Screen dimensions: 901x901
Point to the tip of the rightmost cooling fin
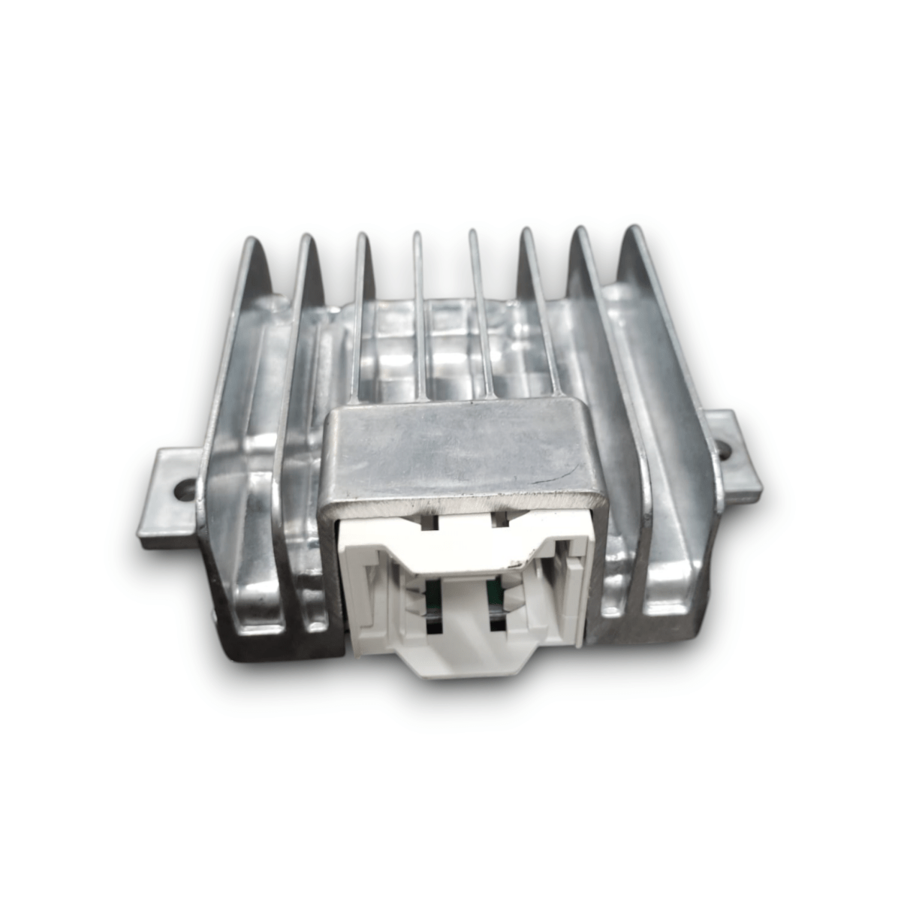(632, 229)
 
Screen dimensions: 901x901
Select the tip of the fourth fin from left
(417, 234)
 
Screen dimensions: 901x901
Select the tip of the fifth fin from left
(473, 232)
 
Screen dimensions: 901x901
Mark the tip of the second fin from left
(307, 238)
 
